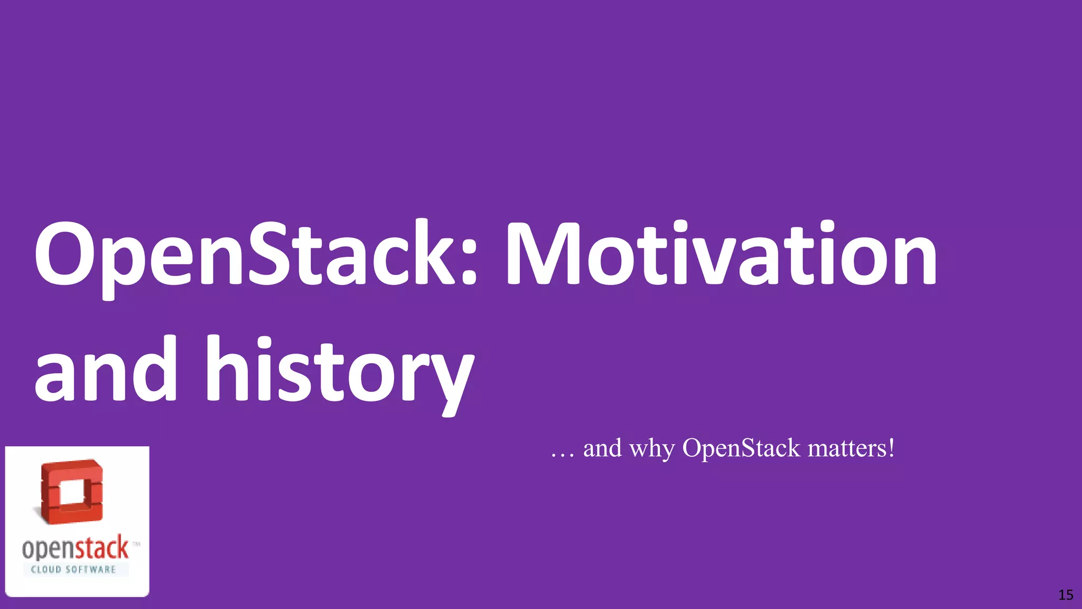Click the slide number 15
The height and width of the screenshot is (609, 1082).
pos(1066,595)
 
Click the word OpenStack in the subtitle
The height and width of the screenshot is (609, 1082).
pos(741,448)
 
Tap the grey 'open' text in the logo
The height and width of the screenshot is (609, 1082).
pos(47,549)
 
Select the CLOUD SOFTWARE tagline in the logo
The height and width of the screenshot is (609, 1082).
pos(73,569)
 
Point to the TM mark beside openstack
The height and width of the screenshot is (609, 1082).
pos(136,543)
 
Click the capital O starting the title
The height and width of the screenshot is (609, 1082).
pos(63,254)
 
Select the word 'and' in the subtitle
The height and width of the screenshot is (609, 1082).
pos(602,448)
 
